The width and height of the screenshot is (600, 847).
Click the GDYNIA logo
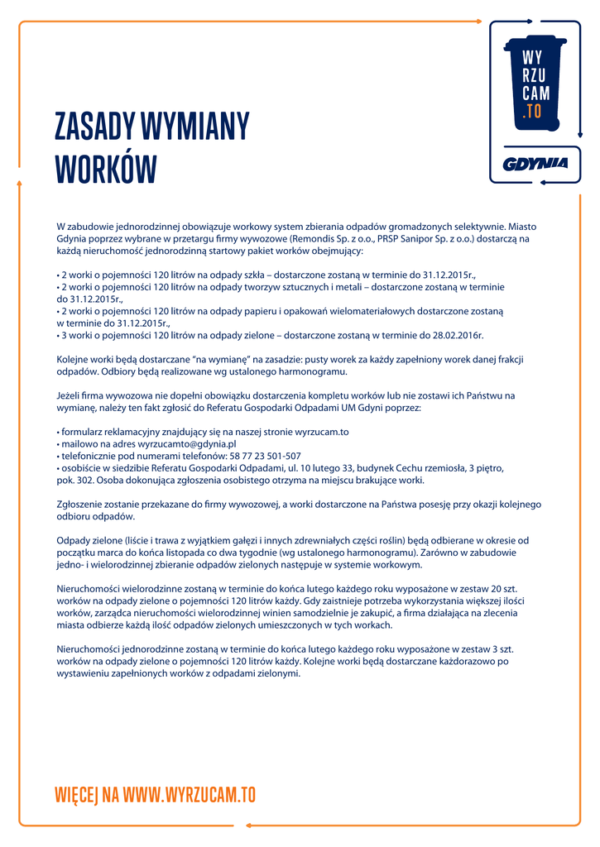(535, 164)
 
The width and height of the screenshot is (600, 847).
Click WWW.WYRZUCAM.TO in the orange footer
(190, 796)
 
